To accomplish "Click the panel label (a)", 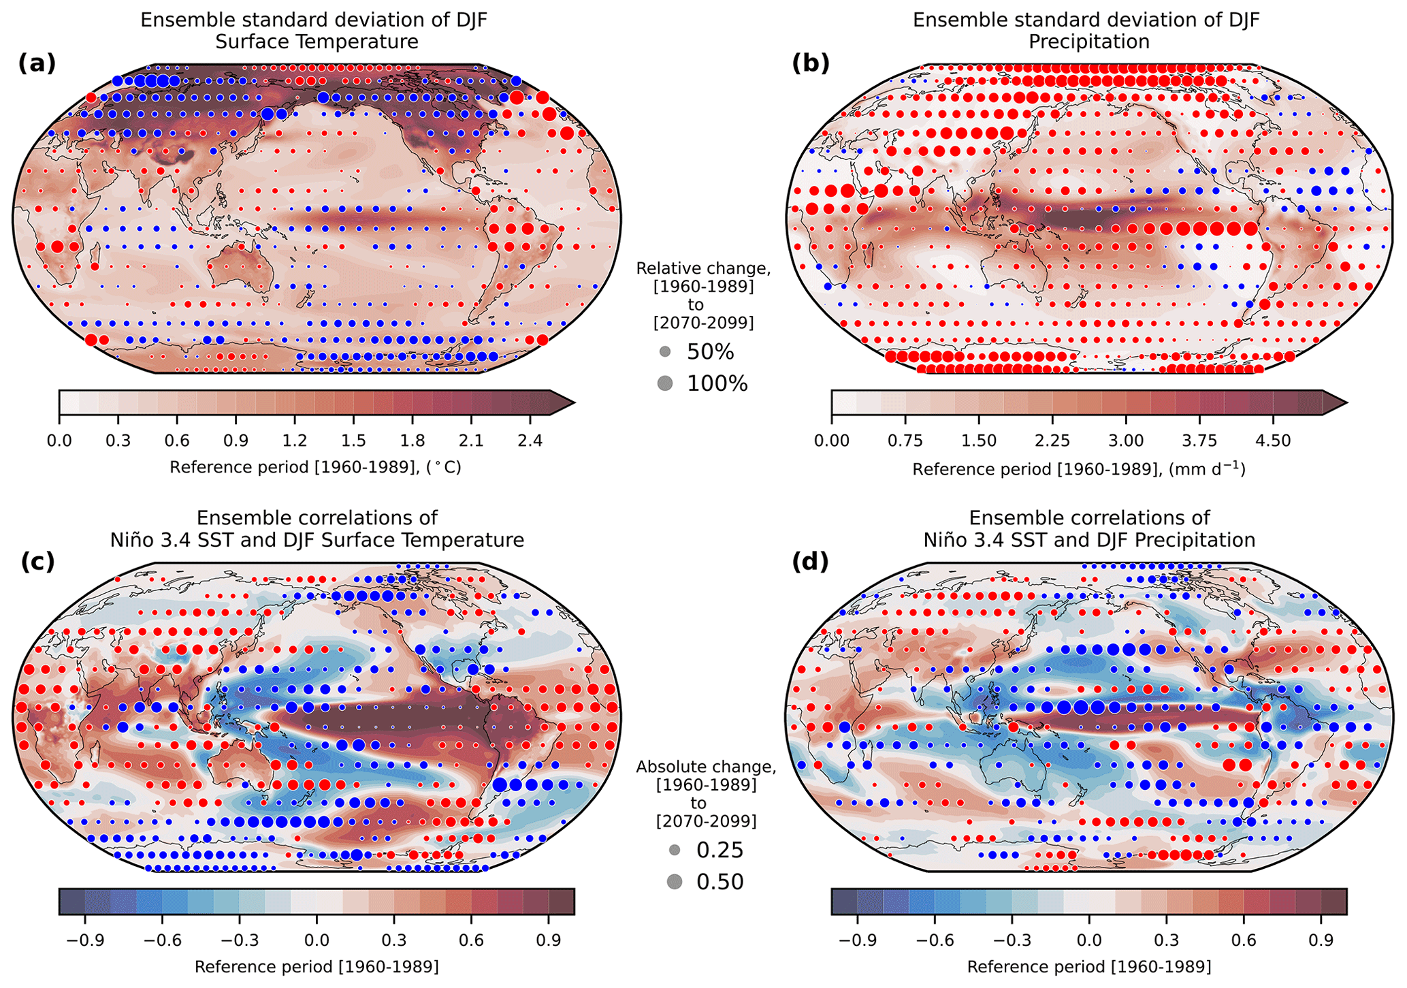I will pos(37,63).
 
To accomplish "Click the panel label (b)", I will pos(810,63).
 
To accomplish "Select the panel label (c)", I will pos(37,562).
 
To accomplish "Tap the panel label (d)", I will pos(810,562).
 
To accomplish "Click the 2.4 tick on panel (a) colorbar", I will pos(530,441).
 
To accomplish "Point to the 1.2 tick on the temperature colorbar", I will pos(294,441).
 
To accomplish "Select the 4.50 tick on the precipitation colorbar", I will pos(1273,441).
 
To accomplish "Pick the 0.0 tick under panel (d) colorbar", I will pos(1089,940).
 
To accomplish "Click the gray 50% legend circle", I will pos(665,352).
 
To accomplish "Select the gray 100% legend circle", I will pos(665,383).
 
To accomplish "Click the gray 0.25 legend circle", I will pos(675,850).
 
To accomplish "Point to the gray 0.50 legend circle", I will pos(675,882).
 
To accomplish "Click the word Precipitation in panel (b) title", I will pos(1088,42).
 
